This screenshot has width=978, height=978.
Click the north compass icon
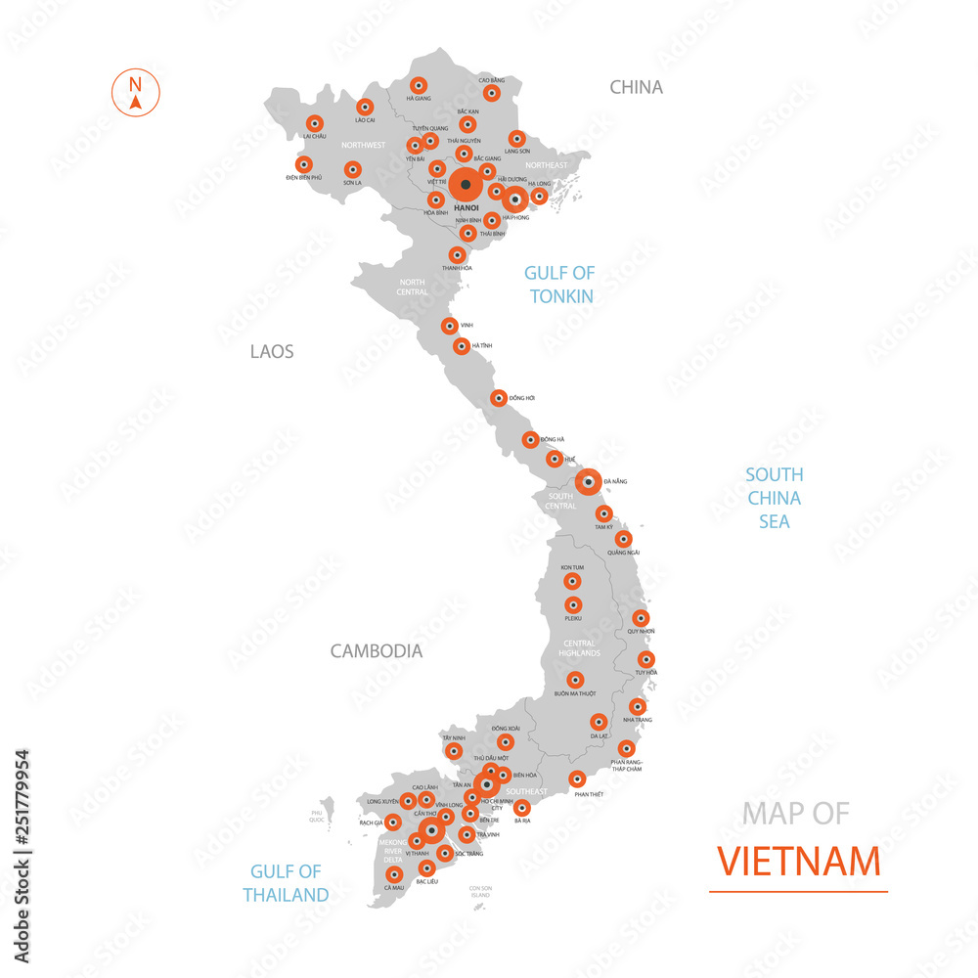click(x=136, y=91)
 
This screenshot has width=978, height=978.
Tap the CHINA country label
click(x=636, y=87)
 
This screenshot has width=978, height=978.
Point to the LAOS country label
click(x=272, y=351)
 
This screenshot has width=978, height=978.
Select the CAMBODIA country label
click(x=377, y=650)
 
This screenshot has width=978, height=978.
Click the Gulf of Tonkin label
click(x=559, y=284)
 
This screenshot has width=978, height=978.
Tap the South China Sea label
click(x=774, y=498)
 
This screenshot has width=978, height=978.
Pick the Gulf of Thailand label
click(x=286, y=882)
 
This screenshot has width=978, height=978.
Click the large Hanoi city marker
click(x=466, y=184)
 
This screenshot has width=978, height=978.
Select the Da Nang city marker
click(x=588, y=481)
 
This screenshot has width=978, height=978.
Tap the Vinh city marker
click(x=449, y=326)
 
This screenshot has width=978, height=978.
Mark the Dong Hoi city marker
click(x=498, y=398)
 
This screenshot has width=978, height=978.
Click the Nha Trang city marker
click(x=637, y=706)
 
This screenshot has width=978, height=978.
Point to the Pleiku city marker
click(x=572, y=605)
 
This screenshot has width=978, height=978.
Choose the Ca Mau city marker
click(x=394, y=874)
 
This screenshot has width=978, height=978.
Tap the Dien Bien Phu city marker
click(x=303, y=164)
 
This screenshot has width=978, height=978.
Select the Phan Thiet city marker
click(x=577, y=779)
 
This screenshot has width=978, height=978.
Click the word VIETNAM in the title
click(x=798, y=863)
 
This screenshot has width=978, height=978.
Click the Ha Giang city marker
click(x=418, y=84)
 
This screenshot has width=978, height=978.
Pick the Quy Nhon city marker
click(x=640, y=618)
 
